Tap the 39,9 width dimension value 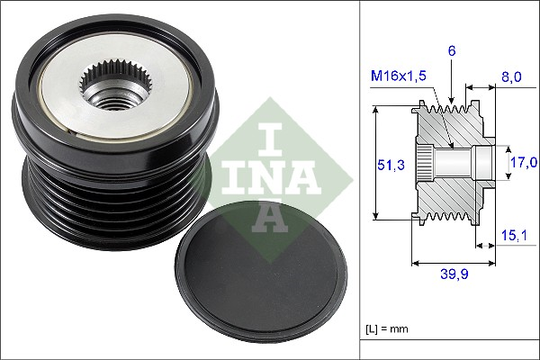(x=453, y=274)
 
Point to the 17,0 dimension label (x=524, y=162)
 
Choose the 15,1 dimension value (x=514, y=237)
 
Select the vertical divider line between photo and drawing (x=360, y=180)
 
